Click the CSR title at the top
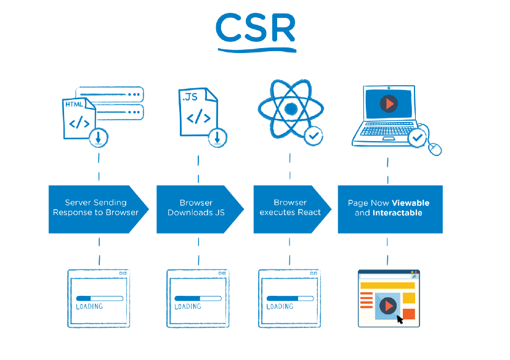(256, 28)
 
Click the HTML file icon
(79, 117)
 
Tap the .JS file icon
(197, 112)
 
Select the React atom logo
(290, 109)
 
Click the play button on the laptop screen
(388, 104)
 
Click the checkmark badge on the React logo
(314, 134)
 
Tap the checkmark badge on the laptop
(418, 137)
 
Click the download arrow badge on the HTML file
(99, 138)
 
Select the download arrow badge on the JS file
(217, 138)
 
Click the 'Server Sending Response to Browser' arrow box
(95, 208)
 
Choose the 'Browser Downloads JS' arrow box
(196, 208)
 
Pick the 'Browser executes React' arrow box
(289, 208)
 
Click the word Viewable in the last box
(410, 203)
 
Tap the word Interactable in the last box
(397, 213)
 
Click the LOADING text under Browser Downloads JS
(188, 306)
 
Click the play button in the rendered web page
(387, 305)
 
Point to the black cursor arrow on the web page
(400, 319)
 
